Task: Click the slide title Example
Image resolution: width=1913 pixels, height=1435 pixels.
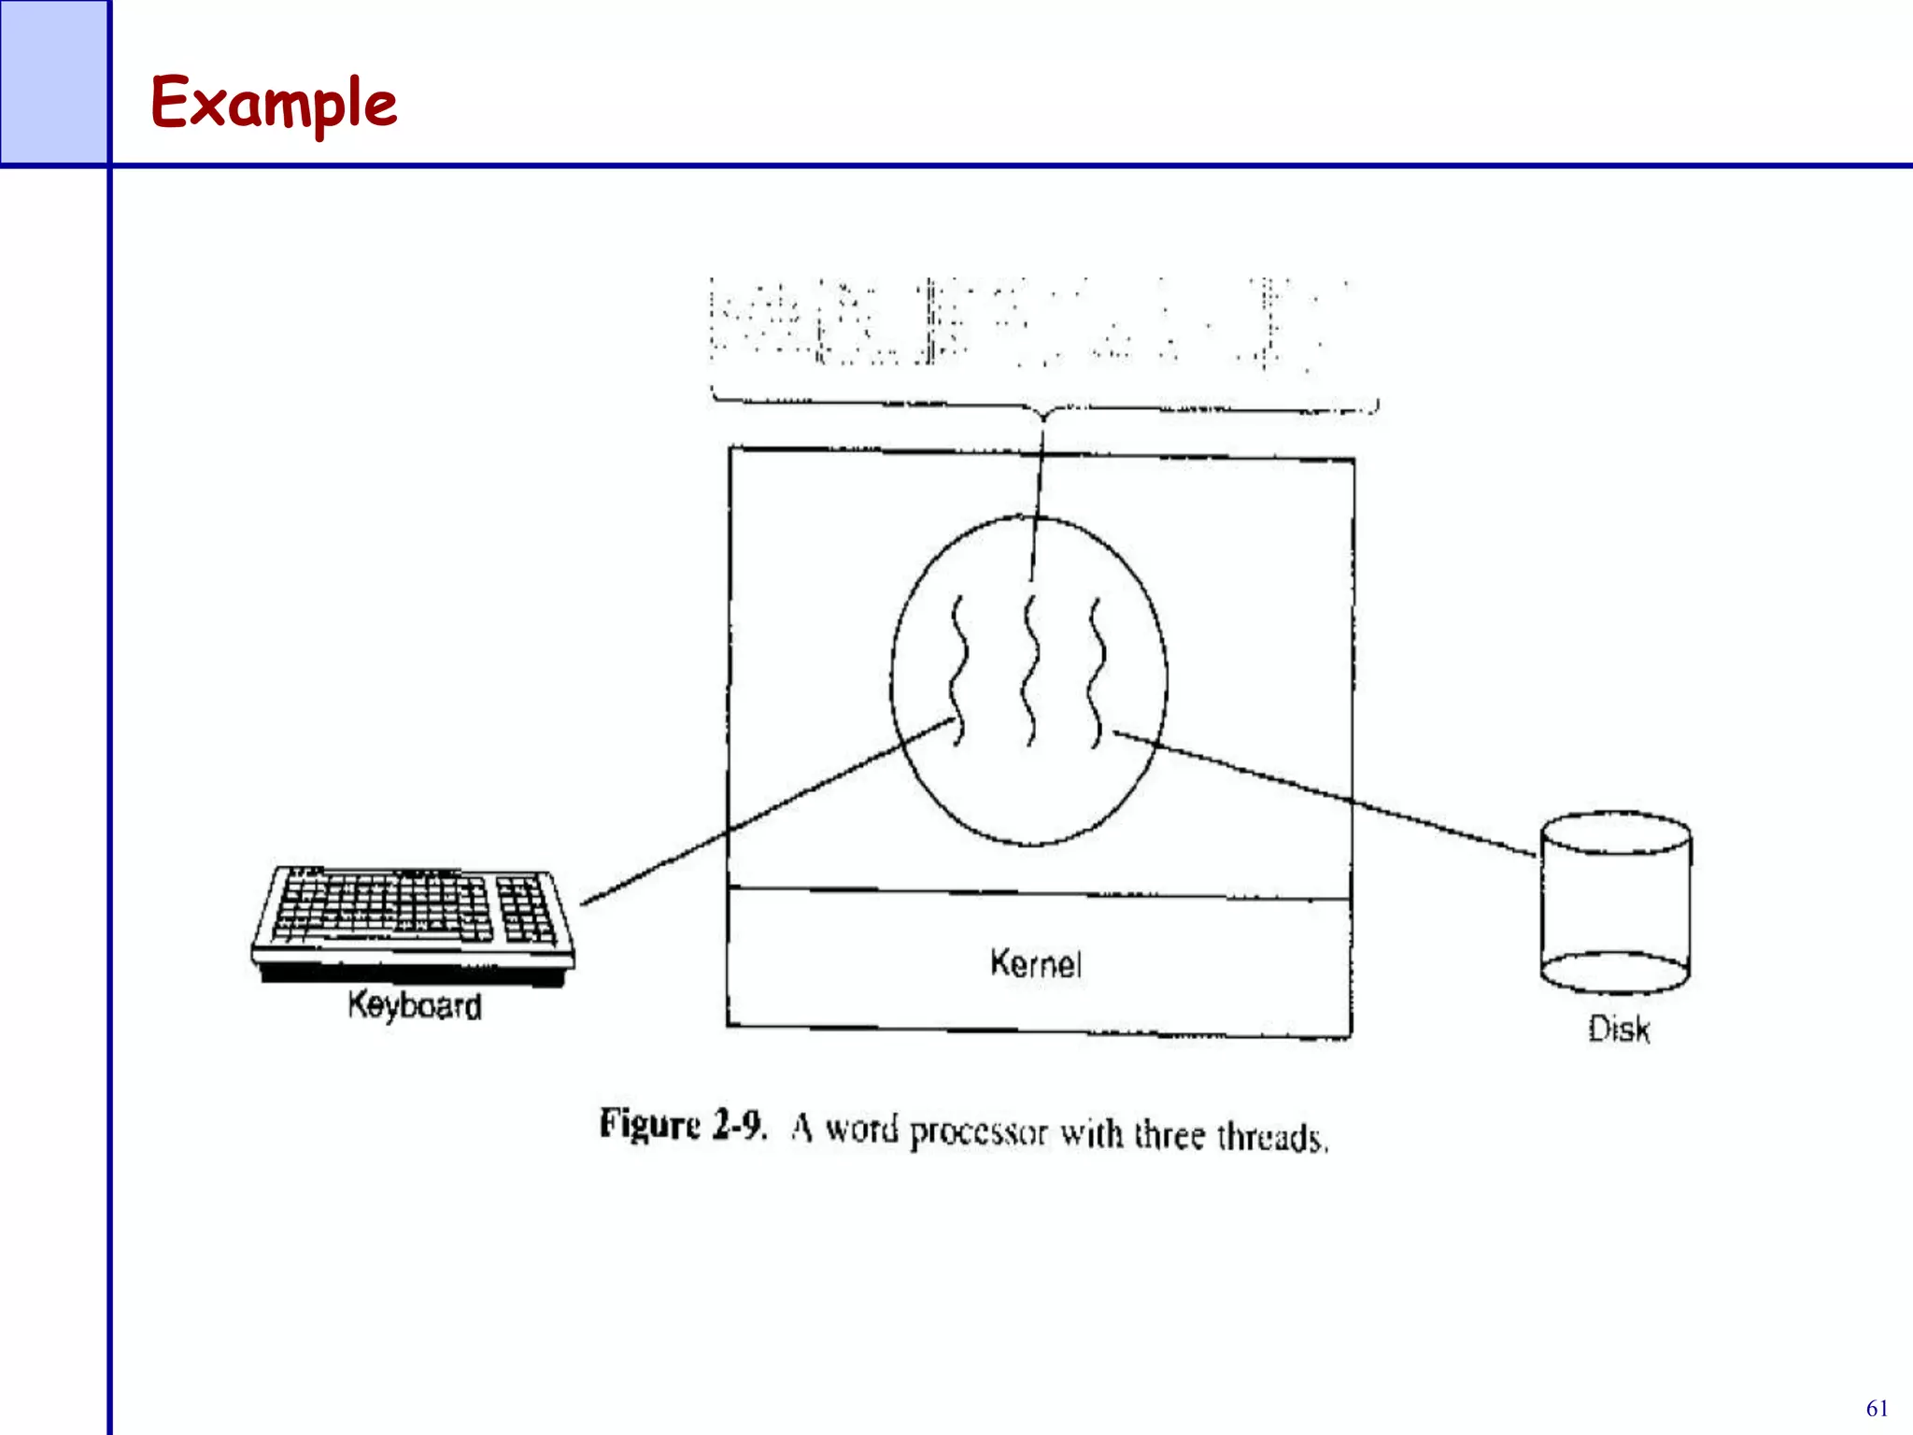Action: pyautogui.click(x=274, y=103)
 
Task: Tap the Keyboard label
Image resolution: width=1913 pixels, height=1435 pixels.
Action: pyautogui.click(x=415, y=1006)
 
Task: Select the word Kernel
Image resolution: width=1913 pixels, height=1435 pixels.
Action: pyautogui.click(x=1036, y=963)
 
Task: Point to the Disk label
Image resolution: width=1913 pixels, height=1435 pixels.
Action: pyautogui.click(x=1619, y=1030)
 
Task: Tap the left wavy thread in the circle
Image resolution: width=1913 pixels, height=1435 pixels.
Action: pyautogui.click(x=956, y=671)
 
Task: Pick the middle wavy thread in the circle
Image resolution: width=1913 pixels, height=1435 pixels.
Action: pyautogui.click(x=1029, y=671)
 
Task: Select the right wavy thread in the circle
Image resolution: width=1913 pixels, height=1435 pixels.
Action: pyautogui.click(x=1096, y=671)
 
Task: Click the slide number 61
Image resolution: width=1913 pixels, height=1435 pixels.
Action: pyautogui.click(x=1877, y=1409)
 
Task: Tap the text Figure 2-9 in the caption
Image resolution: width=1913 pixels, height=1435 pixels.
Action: pyautogui.click(x=683, y=1125)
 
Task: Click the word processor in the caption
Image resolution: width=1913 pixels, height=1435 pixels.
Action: pyautogui.click(x=978, y=1132)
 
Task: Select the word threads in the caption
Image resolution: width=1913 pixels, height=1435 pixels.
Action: pyautogui.click(x=1271, y=1138)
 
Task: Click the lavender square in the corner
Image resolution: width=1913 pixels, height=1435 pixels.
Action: pyautogui.click(x=53, y=81)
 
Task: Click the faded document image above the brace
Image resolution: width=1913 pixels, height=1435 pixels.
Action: pyautogui.click(x=1027, y=322)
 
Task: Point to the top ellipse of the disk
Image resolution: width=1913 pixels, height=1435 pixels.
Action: pyautogui.click(x=1615, y=832)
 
